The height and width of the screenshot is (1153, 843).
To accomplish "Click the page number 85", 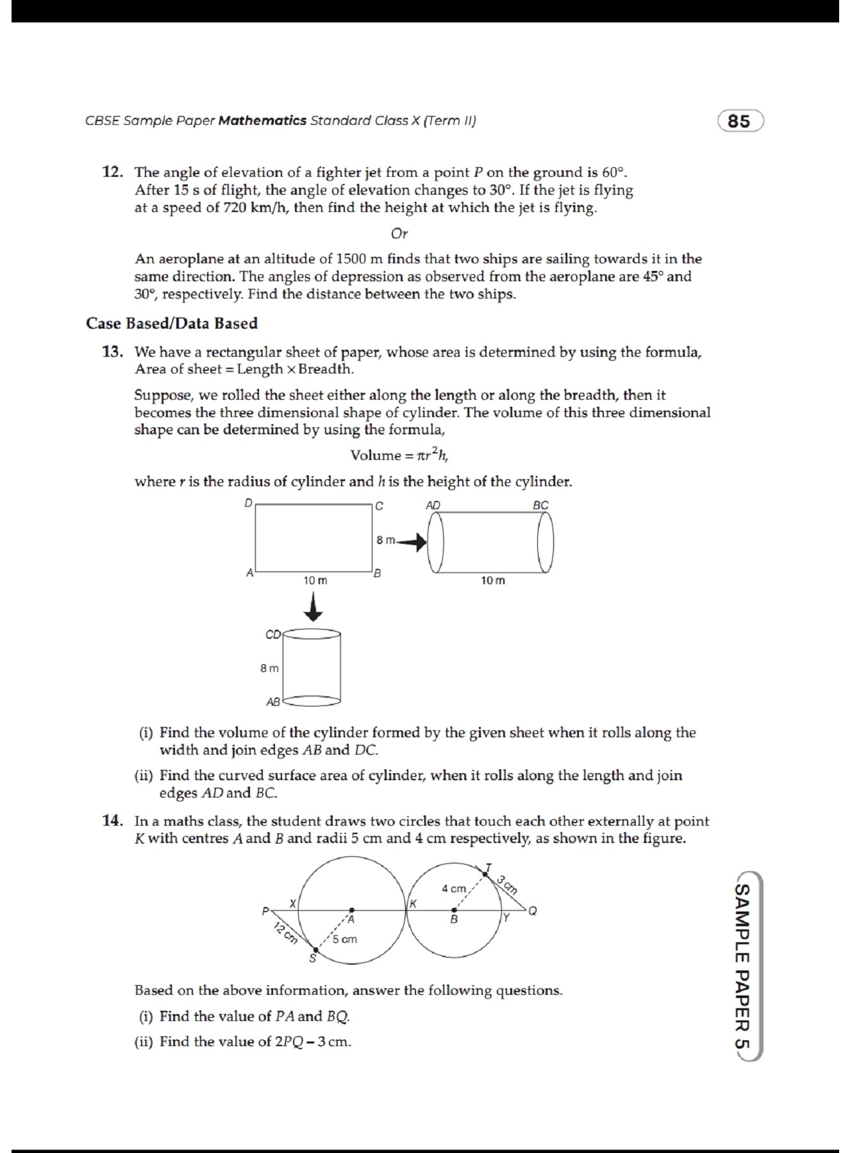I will (739, 121).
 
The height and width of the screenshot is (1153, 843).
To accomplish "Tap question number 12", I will (112, 172).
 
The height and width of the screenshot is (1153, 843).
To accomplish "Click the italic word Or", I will (399, 234).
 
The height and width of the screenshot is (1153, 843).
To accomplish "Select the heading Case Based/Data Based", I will (172, 323).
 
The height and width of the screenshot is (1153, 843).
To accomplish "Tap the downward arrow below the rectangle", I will (313, 607).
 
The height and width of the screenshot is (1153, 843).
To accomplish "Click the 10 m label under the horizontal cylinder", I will (492, 580).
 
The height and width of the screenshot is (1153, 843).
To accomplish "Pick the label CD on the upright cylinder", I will (272, 635).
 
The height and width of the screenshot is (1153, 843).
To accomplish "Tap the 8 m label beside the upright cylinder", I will (269, 668).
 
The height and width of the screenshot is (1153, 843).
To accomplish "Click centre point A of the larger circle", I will (351, 910).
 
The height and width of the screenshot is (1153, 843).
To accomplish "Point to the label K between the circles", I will (413, 904).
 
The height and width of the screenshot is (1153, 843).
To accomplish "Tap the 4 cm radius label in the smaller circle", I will (453, 888).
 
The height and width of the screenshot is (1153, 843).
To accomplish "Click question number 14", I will (112, 821).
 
